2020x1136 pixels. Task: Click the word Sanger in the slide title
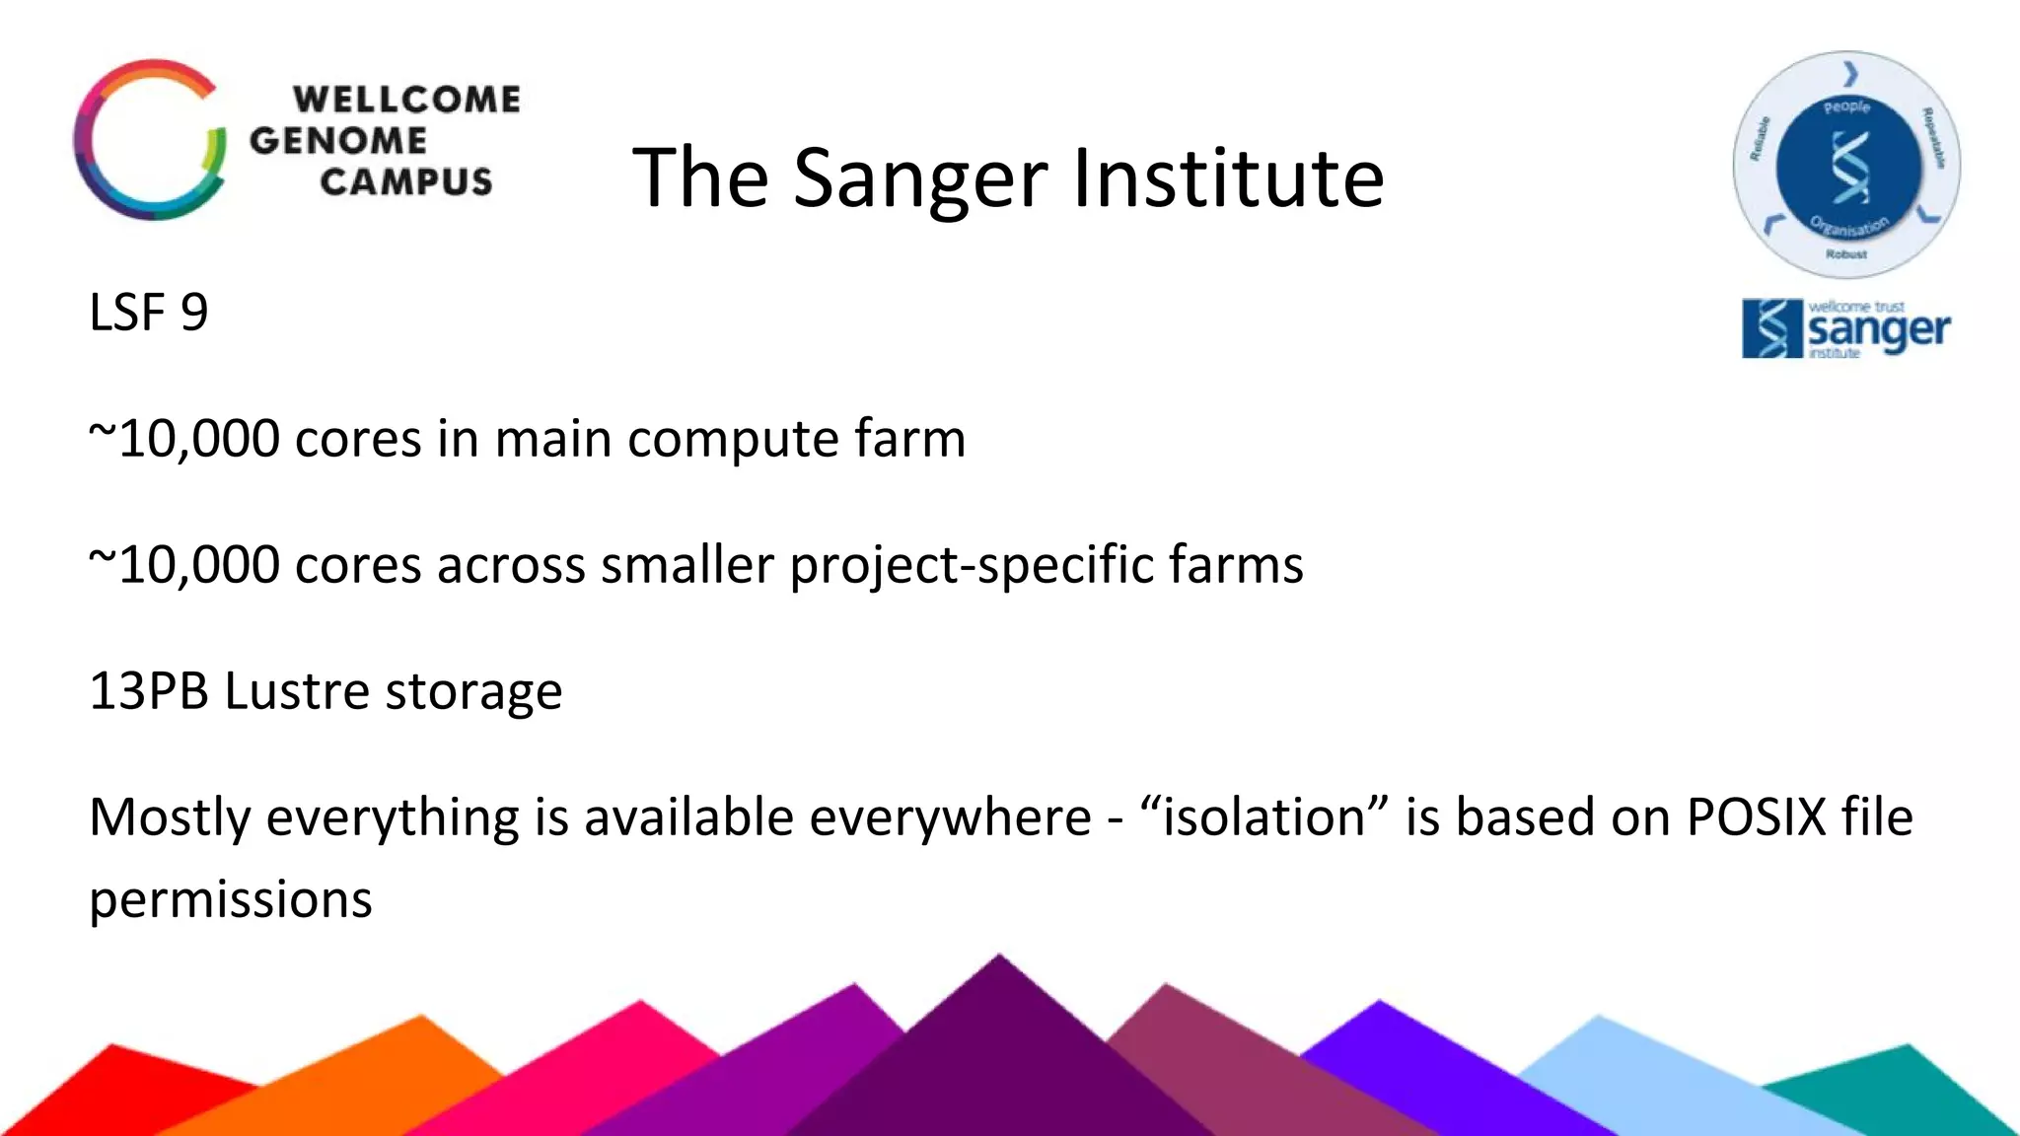919,179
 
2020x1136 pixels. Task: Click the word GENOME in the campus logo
337,140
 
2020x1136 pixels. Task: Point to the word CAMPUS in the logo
405,182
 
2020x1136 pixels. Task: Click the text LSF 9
148,314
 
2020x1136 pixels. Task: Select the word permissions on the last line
230,899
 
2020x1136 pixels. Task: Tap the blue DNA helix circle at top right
1847,166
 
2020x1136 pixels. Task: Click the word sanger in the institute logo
1878,329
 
